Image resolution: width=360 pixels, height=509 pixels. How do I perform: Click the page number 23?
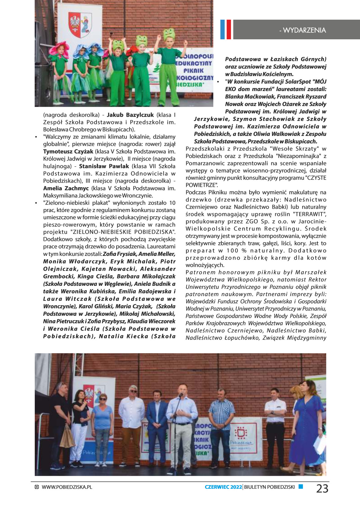pos(322,488)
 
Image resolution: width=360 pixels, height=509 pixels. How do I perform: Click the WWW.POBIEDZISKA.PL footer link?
pos(67,487)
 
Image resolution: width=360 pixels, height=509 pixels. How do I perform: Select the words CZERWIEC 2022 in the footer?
pos(223,487)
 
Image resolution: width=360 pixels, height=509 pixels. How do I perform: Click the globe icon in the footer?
pos(37,487)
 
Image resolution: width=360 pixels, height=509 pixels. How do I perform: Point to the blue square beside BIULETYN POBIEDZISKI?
pos(301,487)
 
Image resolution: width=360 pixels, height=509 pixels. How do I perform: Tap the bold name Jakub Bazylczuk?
pos(130,115)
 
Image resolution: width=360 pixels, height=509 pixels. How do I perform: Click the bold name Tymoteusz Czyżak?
pos(68,152)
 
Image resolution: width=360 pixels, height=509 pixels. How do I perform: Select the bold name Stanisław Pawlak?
pos(104,166)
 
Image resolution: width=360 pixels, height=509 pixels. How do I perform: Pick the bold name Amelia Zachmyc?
pos(66,188)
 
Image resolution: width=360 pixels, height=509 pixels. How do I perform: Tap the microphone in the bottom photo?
pos(181,395)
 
